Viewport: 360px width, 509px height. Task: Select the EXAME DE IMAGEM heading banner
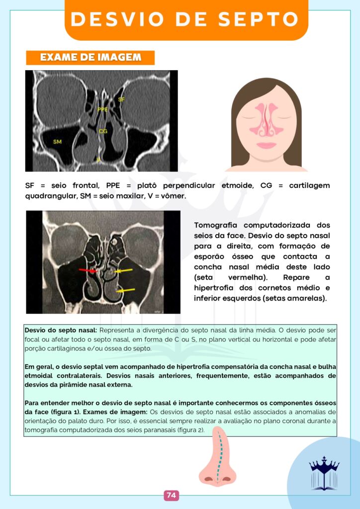(x=90, y=58)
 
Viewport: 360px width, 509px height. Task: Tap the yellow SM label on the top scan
(x=57, y=142)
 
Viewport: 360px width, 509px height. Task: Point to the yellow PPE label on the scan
(x=102, y=109)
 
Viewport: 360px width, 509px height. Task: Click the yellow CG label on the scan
(x=103, y=132)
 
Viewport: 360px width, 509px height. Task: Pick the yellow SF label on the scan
(x=121, y=99)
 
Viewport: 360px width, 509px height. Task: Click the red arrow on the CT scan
(x=89, y=270)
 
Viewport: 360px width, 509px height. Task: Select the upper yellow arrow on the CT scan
(x=123, y=271)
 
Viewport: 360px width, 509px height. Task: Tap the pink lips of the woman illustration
(x=266, y=146)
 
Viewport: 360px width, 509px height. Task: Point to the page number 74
(x=171, y=495)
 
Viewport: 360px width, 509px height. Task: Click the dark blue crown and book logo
(x=324, y=473)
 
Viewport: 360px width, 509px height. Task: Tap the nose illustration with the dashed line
(x=218, y=457)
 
